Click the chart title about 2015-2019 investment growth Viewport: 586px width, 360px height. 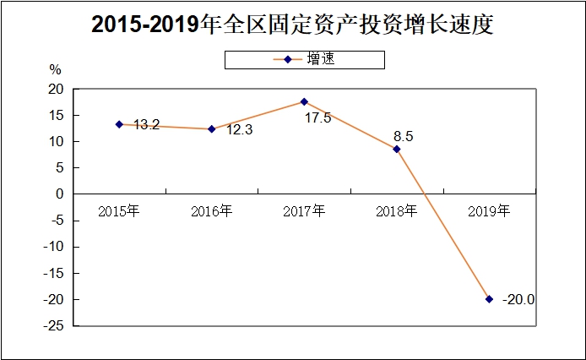292,25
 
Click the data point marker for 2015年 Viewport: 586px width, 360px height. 119,124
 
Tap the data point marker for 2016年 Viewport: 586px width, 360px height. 211,129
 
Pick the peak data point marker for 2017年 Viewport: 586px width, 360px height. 304,101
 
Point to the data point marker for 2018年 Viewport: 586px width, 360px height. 397,149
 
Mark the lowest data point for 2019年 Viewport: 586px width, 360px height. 489,299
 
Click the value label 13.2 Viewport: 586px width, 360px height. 147,125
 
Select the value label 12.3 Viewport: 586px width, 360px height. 240,130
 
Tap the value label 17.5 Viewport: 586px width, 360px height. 317,118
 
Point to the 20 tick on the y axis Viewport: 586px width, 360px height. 56,89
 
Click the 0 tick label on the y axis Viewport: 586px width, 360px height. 60,194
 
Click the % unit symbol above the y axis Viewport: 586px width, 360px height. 55,70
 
